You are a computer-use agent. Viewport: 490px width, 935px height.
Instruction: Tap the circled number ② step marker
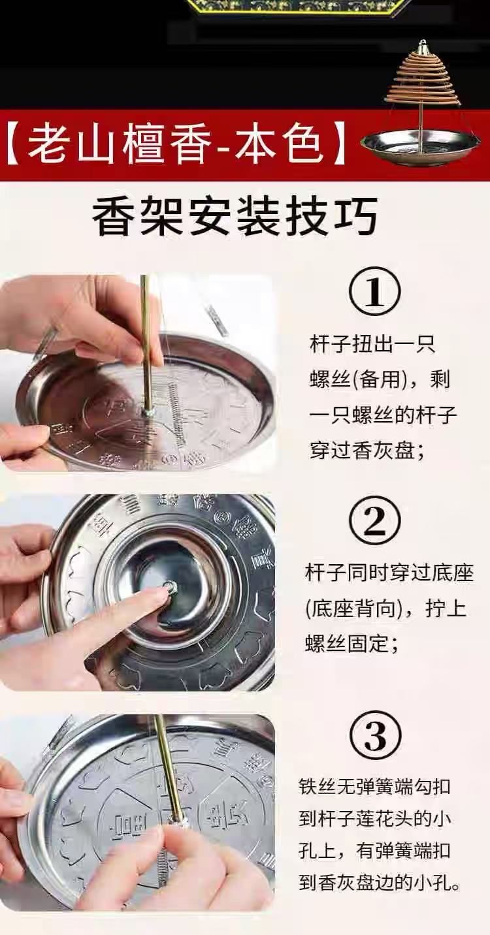coord(375,521)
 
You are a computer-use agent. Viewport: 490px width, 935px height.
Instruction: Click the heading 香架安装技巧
coord(235,216)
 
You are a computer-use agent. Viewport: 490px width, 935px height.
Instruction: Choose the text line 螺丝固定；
coord(351,643)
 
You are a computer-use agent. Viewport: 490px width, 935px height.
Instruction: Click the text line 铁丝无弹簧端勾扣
coord(374,787)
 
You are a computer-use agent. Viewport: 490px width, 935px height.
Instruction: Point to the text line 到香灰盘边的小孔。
coord(379,893)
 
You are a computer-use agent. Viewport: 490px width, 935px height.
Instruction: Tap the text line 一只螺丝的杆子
coord(383,415)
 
